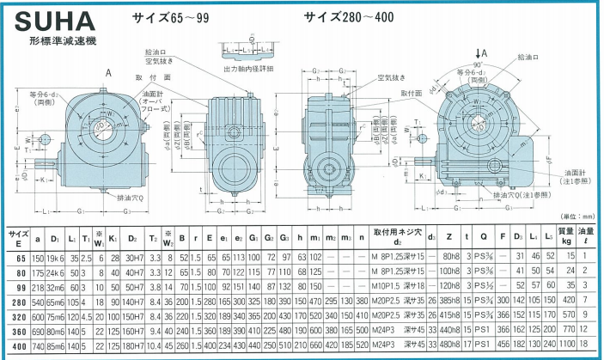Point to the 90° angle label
(475, 65)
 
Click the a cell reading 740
(37, 344)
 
